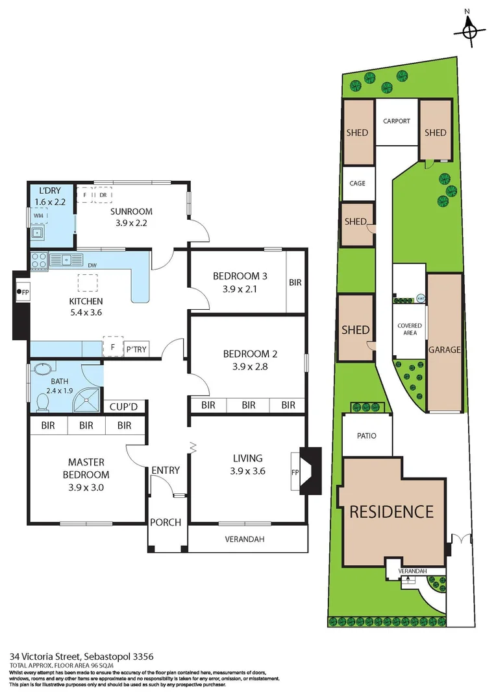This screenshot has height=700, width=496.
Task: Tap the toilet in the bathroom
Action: tap(43, 402)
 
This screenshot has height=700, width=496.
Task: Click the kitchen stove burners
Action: tap(39, 260)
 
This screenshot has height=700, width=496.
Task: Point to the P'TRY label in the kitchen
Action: tap(136, 349)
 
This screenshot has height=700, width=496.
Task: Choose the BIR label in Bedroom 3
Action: tap(296, 283)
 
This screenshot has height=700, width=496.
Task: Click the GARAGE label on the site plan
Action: tap(444, 349)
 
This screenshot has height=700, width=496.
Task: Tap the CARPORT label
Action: tap(396, 121)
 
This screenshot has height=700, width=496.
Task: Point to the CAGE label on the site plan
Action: tap(357, 183)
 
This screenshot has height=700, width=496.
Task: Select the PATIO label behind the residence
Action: tap(367, 436)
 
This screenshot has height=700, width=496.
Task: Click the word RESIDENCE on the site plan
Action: tap(391, 511)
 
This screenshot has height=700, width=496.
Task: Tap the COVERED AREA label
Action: tap(409, 329)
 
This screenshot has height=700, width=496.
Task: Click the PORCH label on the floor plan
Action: tap(166, 522)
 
